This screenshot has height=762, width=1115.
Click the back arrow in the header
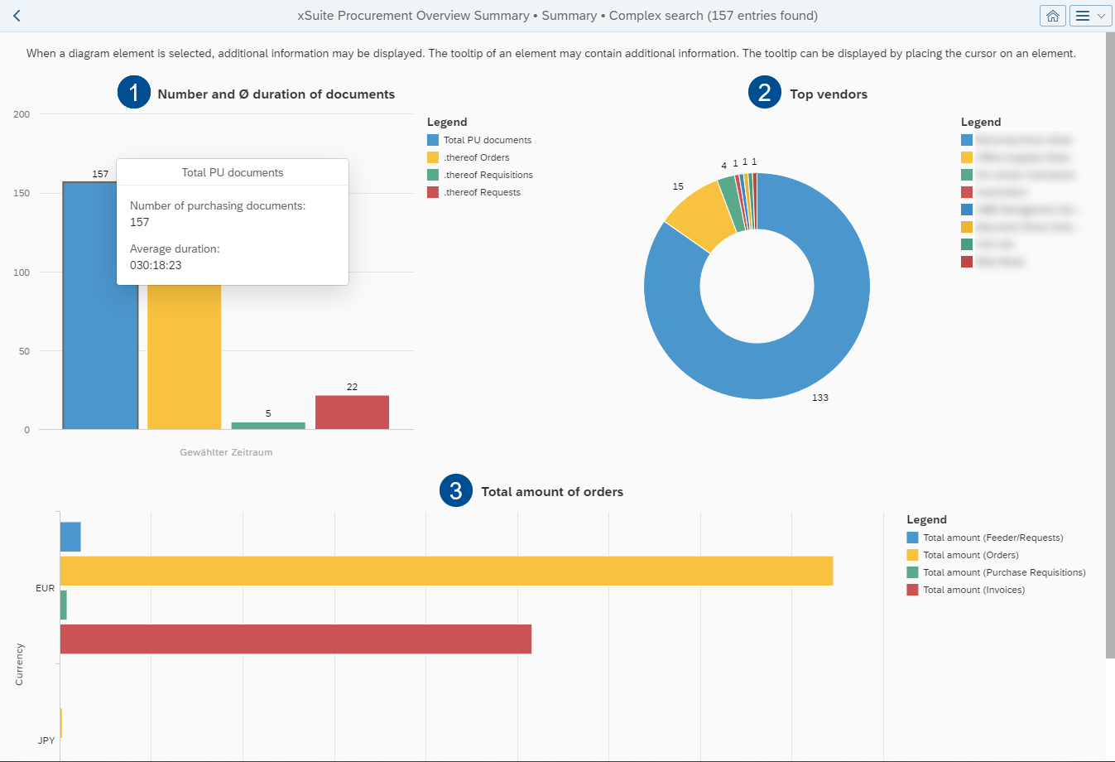click(x=17, y=16)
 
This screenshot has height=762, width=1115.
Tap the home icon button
click(x=1052, y=16)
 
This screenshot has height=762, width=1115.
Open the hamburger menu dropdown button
click(x=1089, y=16)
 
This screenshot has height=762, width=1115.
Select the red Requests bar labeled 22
click(x=352, y=412)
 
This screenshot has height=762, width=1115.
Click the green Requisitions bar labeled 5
click(x=268, y=426)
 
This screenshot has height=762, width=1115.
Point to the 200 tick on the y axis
click(x=22, y=114)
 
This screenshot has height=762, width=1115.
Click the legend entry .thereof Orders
click(x=476, y=157)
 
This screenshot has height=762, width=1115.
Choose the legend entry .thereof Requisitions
click(x=488, y=175)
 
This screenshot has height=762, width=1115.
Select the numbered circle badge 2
click(x=764, y=93)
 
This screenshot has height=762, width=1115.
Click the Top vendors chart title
click(x=829, y=94)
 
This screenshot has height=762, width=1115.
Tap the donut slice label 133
click(x=819, y=398)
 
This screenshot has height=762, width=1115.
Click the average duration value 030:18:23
click(x=156, y=265)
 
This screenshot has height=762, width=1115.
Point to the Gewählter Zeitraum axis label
click(x=226, y=452)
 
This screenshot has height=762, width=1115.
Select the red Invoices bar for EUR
click(x=296, y=639)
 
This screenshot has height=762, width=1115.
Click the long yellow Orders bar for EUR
click(x=446, y=571)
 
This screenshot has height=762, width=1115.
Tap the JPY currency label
click(x=46, y=740)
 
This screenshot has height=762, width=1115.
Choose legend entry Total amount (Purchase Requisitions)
click(x=1003, y=572)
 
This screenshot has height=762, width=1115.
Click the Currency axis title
click(x=19, y=664)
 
